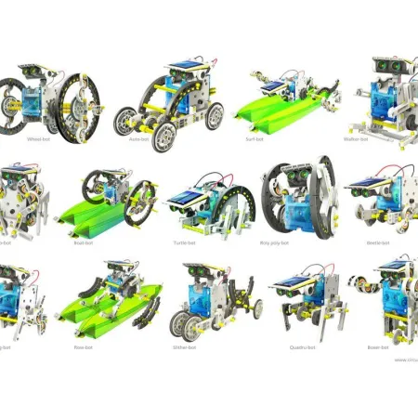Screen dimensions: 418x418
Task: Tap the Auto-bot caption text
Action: click(165, 140)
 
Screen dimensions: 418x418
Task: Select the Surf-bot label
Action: click(276, 140)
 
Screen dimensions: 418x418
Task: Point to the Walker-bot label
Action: click(382, 140)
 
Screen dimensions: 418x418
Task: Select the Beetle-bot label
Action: click(378, 244)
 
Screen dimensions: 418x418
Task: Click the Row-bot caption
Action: click(108, 347)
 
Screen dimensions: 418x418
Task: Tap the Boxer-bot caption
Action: click(378, 347)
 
